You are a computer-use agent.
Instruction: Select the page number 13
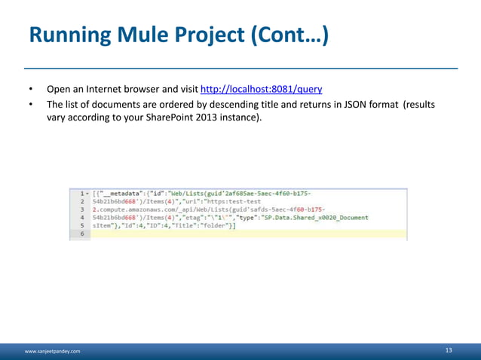pos(449,350)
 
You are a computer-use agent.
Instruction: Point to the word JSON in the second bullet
pos(349,104)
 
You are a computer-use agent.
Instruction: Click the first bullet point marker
pos(31,88)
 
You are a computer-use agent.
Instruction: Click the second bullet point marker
pos(31,104)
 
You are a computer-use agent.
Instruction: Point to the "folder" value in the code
pos(216,226)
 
